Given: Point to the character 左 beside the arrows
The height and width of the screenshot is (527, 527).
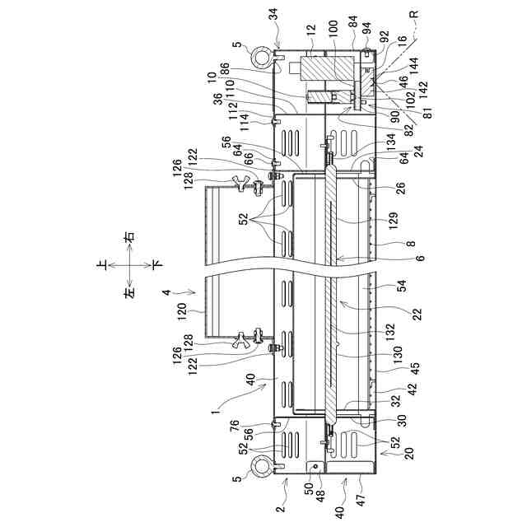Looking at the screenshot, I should coord(128,293).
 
